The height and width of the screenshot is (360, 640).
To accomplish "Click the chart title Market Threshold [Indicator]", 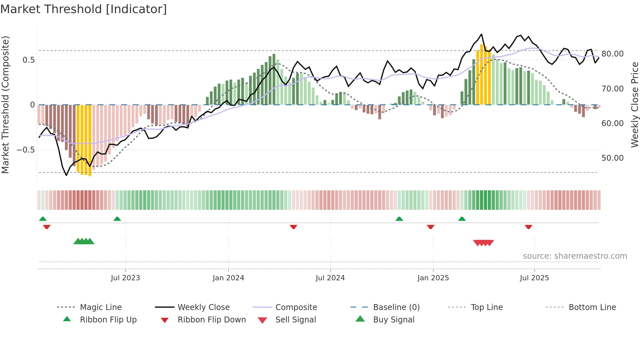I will point(84,9).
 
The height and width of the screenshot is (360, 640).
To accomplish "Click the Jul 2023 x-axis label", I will point(125,278).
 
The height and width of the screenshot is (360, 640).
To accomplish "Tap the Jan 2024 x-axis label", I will point(228,278).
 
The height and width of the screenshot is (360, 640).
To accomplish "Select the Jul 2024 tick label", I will point(330,278).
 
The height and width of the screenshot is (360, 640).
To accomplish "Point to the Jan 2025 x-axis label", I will point(433,278).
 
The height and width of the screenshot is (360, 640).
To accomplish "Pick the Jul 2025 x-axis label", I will point(534,278).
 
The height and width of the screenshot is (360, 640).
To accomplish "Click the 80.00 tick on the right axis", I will point(612,54).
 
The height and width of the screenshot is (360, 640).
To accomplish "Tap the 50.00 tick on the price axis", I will point(612,158).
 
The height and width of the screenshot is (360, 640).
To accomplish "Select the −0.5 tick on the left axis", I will point(25,150).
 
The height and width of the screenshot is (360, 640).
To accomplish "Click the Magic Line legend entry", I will point(101,307).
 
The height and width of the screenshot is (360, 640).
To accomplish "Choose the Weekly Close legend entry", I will point(203,307).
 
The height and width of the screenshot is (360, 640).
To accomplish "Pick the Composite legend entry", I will point(296,307).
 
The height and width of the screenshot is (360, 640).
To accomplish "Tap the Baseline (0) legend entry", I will point(396,307).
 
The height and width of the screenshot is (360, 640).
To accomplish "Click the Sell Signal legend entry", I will point(295,320).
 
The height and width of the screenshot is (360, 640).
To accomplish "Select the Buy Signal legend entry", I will point(393,320).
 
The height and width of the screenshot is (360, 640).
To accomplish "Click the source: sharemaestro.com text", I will point(575,256).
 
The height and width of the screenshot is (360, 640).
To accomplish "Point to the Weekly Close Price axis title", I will point(634,105).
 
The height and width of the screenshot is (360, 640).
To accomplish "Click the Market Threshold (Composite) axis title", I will point(5,105).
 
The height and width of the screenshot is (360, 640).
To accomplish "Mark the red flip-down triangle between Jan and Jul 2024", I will point(293,227).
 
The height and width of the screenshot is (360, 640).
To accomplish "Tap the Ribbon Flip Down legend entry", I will point(211,320).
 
